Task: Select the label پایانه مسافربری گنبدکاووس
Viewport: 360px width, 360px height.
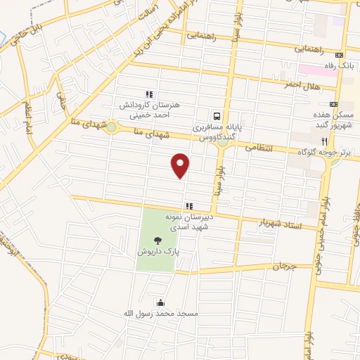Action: click(x=217, y=133)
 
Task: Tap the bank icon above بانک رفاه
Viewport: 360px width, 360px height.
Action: click(x=340, y=55)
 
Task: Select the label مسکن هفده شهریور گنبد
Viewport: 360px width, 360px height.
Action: click(x=337, y=118)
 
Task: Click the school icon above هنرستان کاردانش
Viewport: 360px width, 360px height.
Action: click(x=149, y=94)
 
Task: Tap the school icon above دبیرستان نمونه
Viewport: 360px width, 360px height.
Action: click(x=188, y=206)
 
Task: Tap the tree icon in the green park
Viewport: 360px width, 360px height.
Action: click(x=156, y=239)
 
